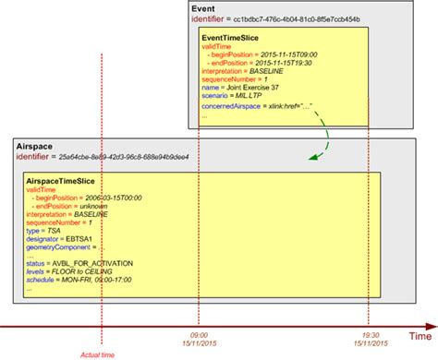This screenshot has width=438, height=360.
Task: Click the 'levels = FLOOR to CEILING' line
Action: tap(77, 274)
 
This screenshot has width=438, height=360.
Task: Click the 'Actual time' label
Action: tap(97, 354)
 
